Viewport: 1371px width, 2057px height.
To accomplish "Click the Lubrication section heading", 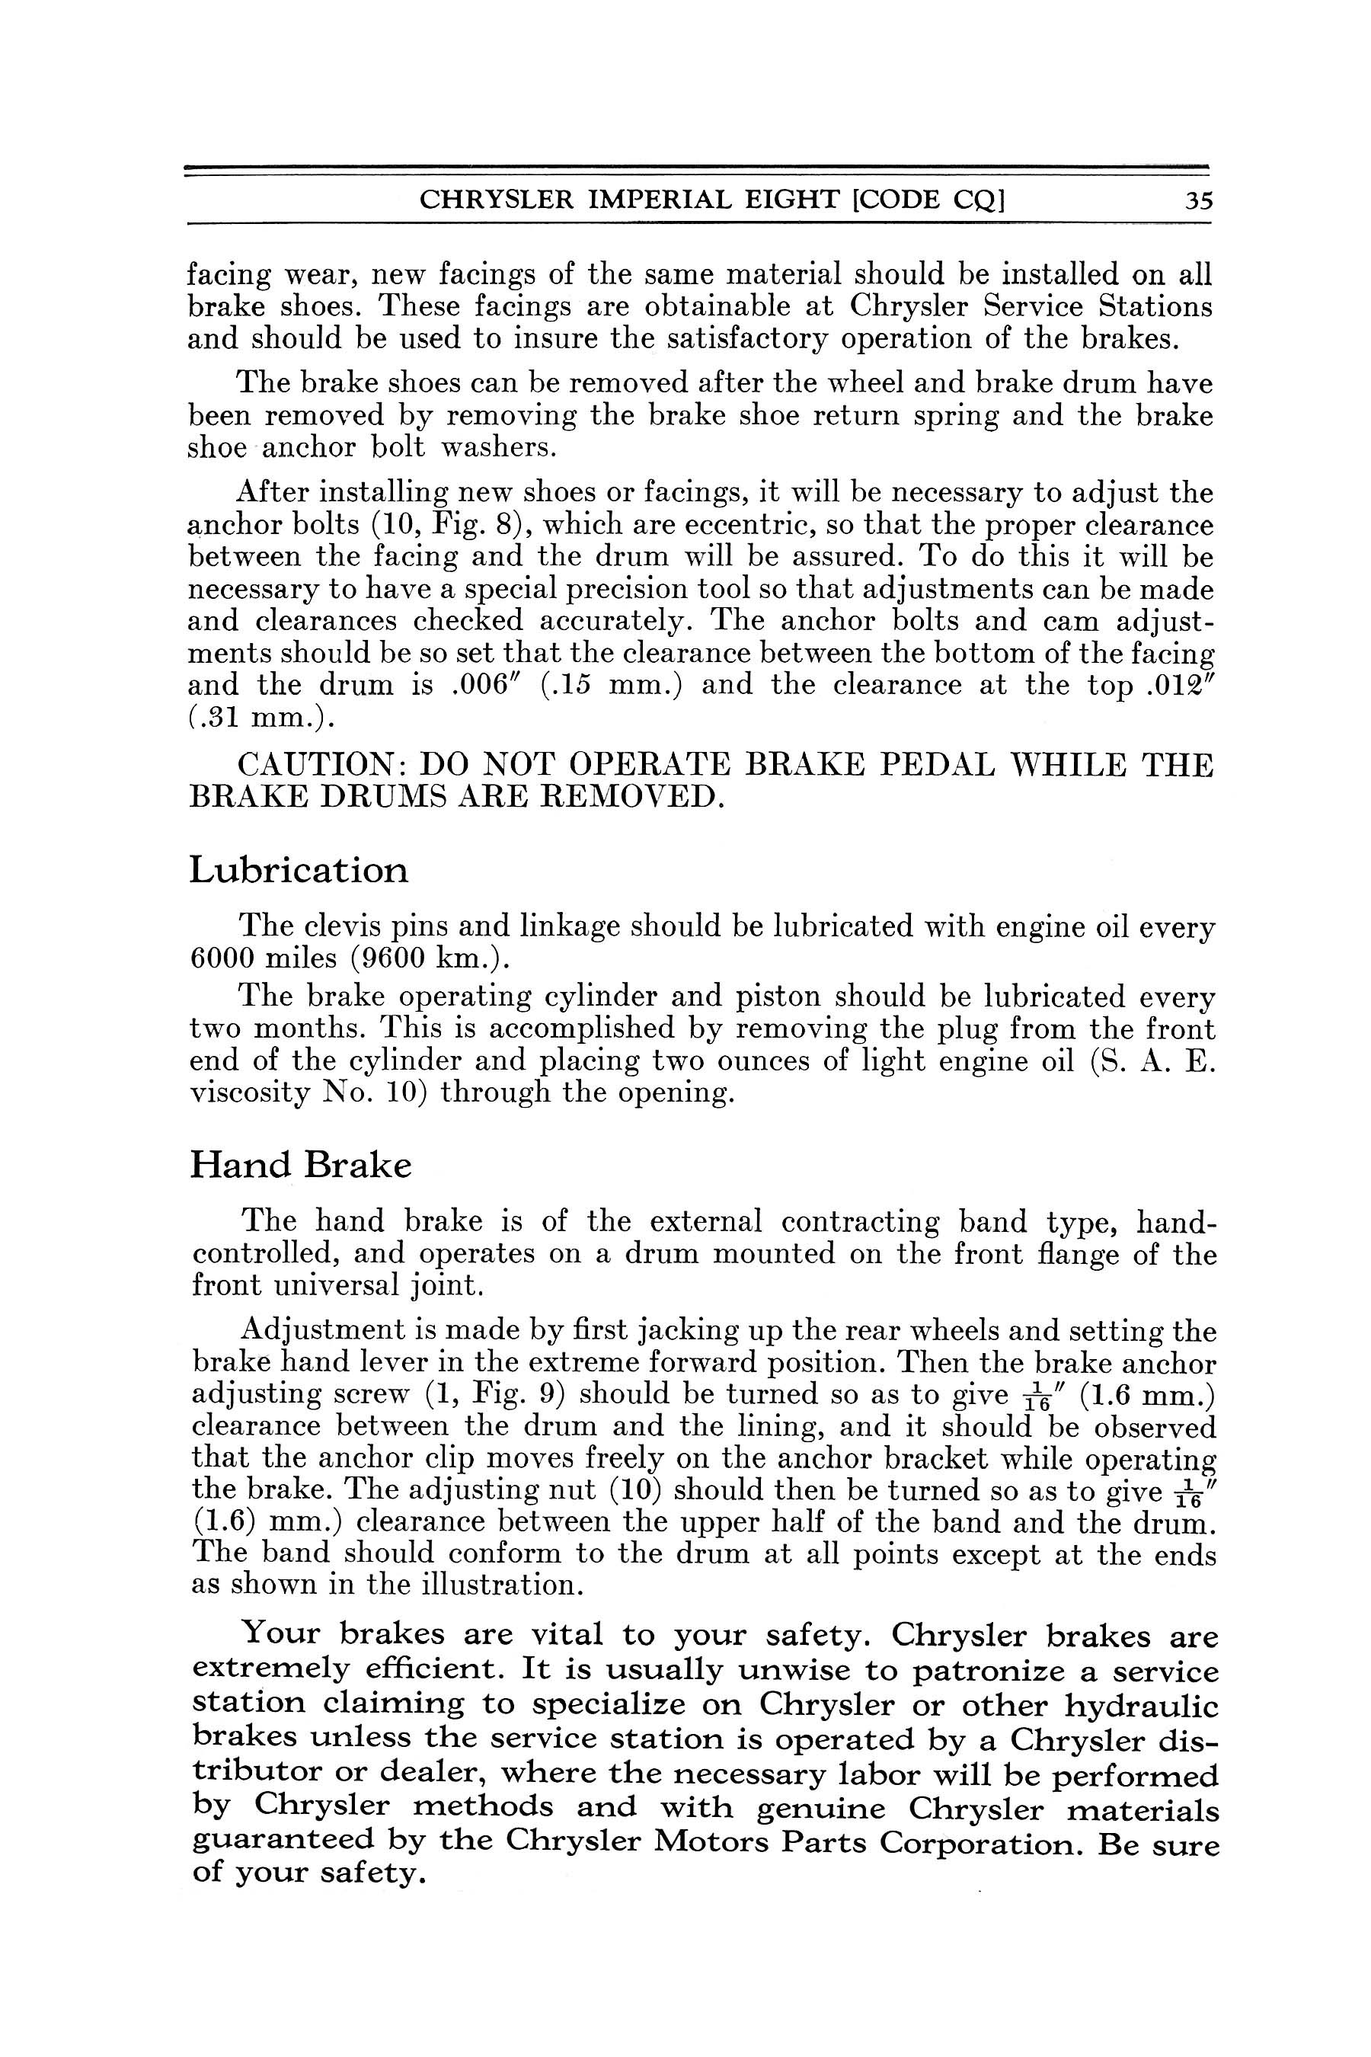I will (298, 870).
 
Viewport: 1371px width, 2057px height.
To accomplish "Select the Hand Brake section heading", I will (300, 1166).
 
